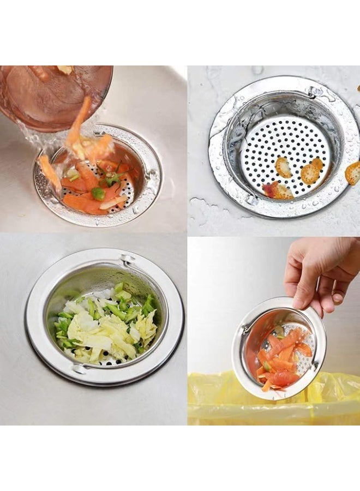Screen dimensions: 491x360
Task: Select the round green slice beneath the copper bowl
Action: coord(98,193)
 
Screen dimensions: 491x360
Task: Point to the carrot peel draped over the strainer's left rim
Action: coord(49,172)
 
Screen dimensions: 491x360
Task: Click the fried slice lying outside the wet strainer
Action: coord(353,173)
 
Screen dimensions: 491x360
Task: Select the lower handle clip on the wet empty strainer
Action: coord(251,200)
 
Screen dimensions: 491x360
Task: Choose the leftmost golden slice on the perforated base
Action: coord(283,167)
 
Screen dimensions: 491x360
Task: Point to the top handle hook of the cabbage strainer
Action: coord(127,259)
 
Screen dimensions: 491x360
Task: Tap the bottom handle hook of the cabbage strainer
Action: coord(79,369)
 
